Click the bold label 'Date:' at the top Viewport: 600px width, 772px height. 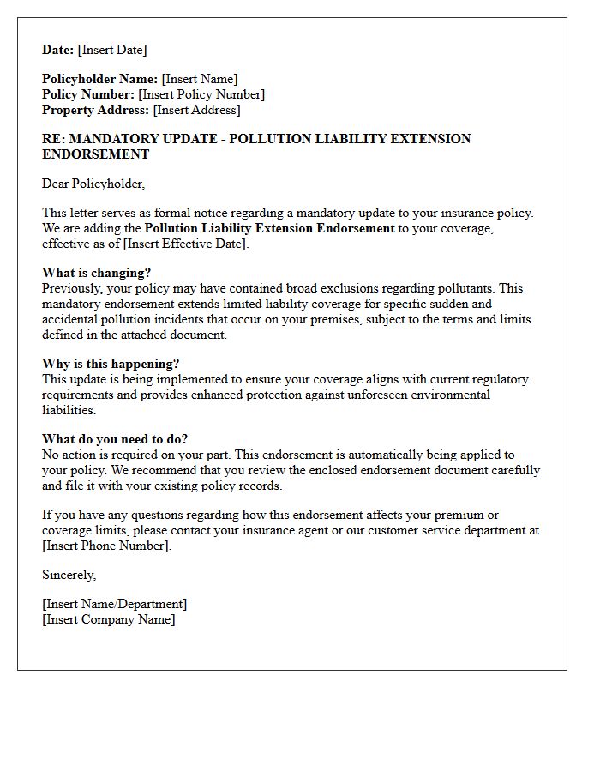coord(58,50)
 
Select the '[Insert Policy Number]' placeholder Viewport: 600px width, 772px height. coord(201,94)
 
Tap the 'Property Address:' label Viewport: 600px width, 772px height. coord(95,110)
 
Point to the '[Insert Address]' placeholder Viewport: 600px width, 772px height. coord(196,110)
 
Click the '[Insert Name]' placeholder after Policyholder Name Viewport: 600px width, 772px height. coord(200,79)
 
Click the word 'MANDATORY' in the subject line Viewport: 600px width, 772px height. coord(113,139)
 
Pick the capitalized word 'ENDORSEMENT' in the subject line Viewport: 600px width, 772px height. coord(96,154)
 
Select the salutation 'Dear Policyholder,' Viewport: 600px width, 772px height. coord(93,184)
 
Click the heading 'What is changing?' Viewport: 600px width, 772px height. coord(97,273)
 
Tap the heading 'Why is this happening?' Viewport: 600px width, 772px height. coord(111,364)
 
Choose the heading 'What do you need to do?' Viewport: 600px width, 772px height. coord(115,439)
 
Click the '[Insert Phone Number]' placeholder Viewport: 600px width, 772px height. coord(106,546)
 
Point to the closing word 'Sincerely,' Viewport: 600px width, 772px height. coord(69,575)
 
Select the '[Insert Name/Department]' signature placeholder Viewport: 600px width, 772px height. coord(114,604)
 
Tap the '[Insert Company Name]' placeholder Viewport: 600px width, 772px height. coord(108,619)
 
